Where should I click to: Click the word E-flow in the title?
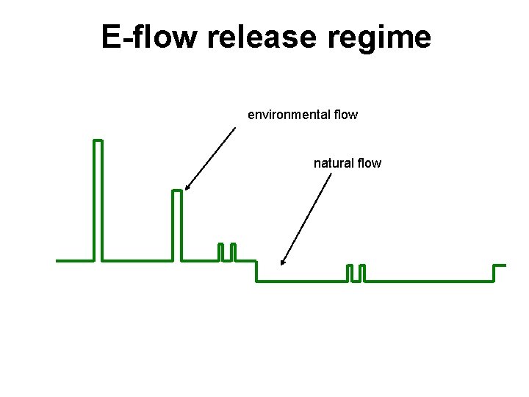[x=151, y=37]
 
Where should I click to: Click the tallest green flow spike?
[x=98, y=198]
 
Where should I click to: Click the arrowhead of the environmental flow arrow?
[x=187, y=188]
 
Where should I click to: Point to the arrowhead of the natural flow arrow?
[x=282, y=262]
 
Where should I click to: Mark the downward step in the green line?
[x=256, y=271]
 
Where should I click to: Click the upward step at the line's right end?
[x=494, y=273]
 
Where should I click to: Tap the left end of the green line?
[x=57, y=260]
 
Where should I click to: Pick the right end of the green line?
[x=505, y=265]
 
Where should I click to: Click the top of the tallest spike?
[x=98, y=140]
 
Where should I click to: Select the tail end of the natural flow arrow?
[x=331, y=174]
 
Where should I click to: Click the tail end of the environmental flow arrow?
[x=235, y=128]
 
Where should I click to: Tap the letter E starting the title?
[x=111, y=37]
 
